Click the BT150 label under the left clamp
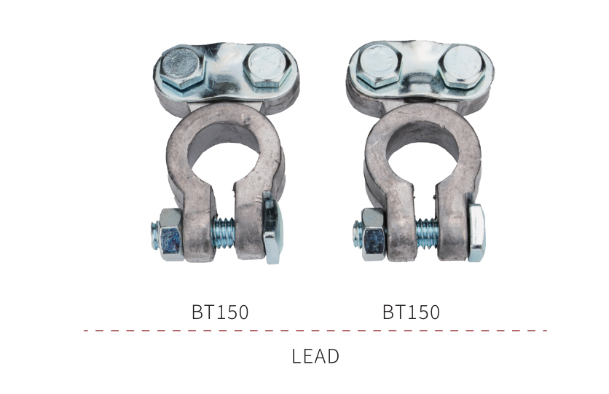click(220, 312)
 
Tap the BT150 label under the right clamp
click(411, 312)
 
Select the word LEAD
click(315, 356)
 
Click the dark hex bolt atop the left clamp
click(181, 67)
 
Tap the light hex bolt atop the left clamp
click(267, 66)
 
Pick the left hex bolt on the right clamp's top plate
click(378, 64)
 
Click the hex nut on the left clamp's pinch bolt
click(170, 235)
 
